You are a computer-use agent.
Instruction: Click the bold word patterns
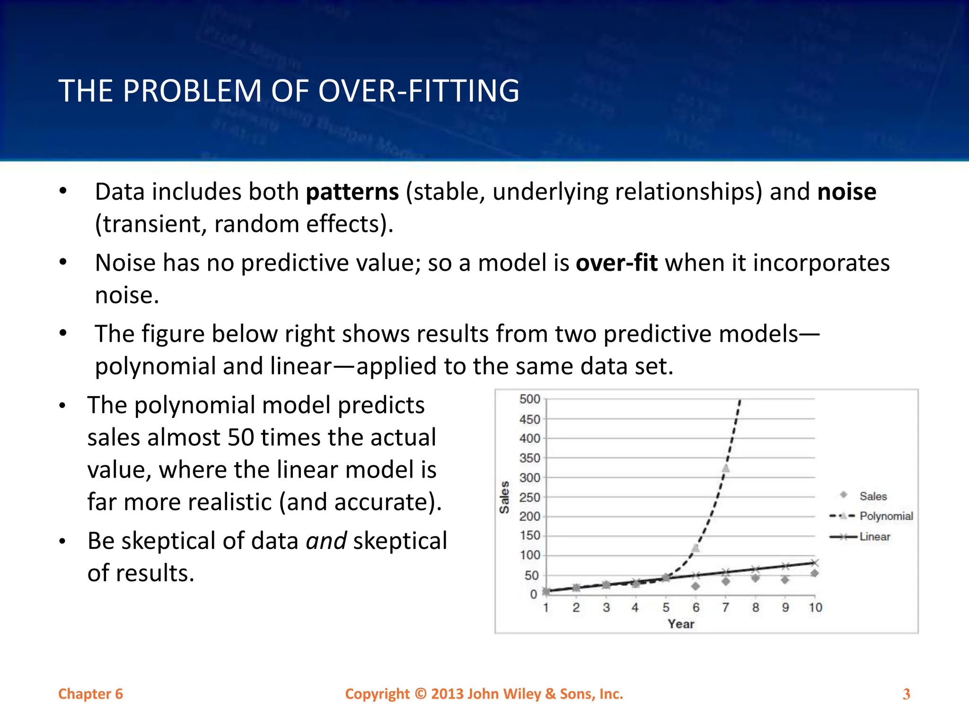pos(352,193)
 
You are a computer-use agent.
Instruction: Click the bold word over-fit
pos(616,263)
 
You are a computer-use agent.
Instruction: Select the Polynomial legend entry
pos(886,516)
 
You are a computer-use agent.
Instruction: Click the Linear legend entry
pos(874,537)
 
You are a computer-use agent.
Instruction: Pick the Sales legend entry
pos(873,496)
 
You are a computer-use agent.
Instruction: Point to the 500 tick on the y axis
pos(529,399)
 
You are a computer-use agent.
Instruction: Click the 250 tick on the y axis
pos(529,497)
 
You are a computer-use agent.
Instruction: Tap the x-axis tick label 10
pos(815,608)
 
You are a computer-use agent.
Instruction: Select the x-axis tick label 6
pos(696,608)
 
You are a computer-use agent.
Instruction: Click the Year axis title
pos(681,624)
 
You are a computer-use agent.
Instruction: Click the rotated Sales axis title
pos(504,497)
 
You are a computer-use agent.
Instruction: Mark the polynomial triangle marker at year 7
pos(726,468)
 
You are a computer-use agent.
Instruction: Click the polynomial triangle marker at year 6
pos(696,548)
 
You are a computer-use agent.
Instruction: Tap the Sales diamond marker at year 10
pos(815,573)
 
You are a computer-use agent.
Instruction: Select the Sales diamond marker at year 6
pos(696,586)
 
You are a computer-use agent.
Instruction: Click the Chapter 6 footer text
pos(90,694)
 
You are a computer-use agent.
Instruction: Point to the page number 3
pos(906,694)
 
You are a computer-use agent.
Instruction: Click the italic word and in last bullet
pos(326,541)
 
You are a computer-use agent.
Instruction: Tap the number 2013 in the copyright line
pos(447,694)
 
